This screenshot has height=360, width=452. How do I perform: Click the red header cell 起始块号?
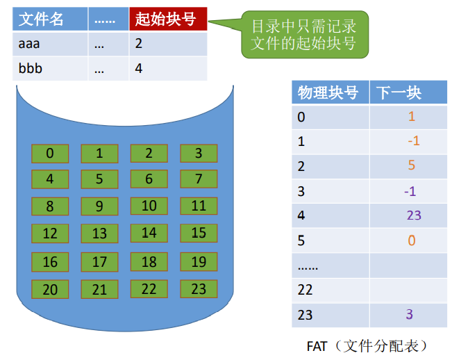click(x=168, y=19)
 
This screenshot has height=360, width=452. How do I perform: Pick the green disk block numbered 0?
click(x=50, y=154)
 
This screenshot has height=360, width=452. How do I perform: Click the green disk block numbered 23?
click(x=199, y=289)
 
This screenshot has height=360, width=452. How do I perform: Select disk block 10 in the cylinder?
click(x=149, y=206)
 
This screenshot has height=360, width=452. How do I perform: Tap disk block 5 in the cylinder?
click(x=99, y=179)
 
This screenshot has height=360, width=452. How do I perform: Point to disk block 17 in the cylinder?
click(x=99, y=262)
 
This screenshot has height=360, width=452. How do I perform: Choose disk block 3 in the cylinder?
click(x=199, y=154)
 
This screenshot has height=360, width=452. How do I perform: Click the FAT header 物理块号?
click(x=328, y=93)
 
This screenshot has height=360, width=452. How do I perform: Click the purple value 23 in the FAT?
click(x=414, y=215)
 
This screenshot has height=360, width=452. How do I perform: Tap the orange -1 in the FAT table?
click(x=414, y=141)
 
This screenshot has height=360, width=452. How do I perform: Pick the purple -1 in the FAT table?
click(x=410, y=191)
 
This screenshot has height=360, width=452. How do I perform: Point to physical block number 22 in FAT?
click(x=305, y=290)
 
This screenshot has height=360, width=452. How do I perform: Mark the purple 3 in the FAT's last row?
click(x=410, y=315)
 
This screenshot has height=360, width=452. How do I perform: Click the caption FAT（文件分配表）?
click(x=366, y=345)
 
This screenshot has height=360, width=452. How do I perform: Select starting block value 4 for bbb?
click(x=139, y=69)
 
